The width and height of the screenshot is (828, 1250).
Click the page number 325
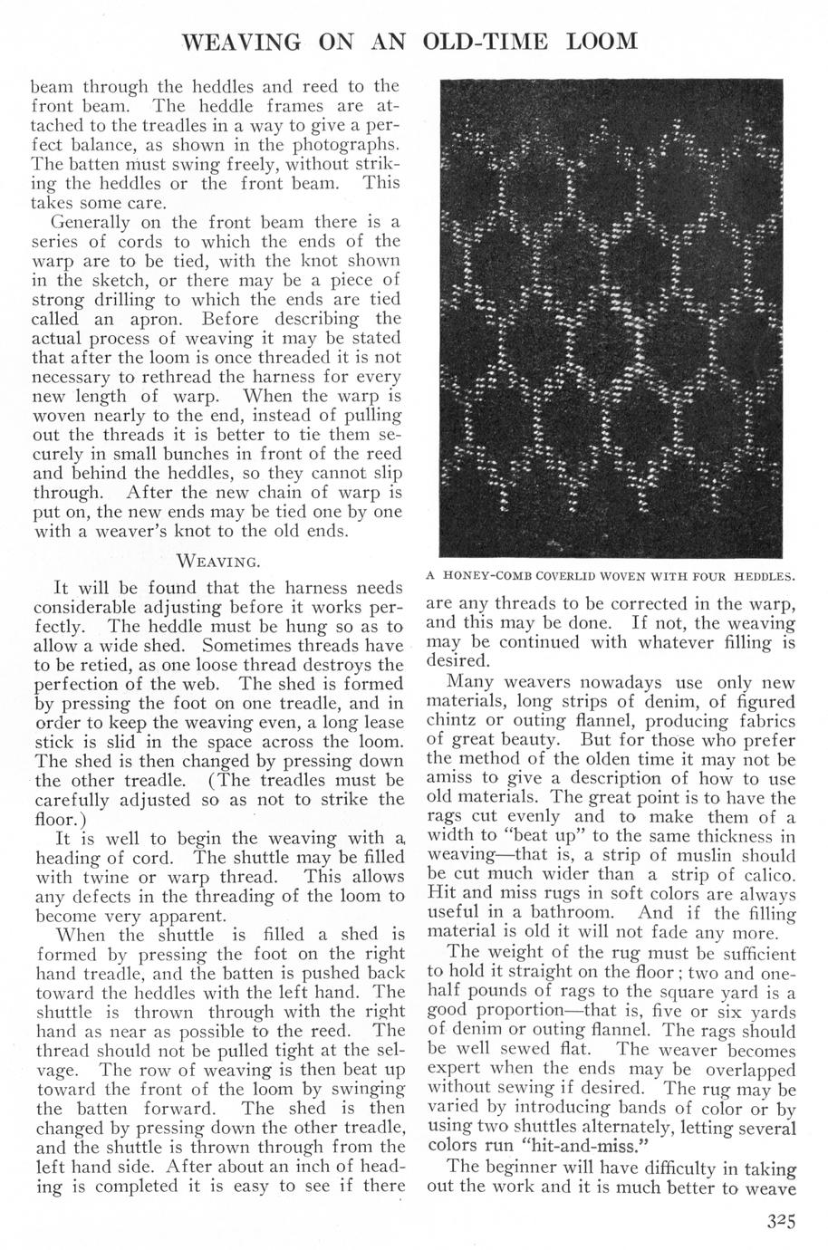tap(777, 1220)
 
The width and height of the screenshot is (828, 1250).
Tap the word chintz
tap(451, 722)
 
